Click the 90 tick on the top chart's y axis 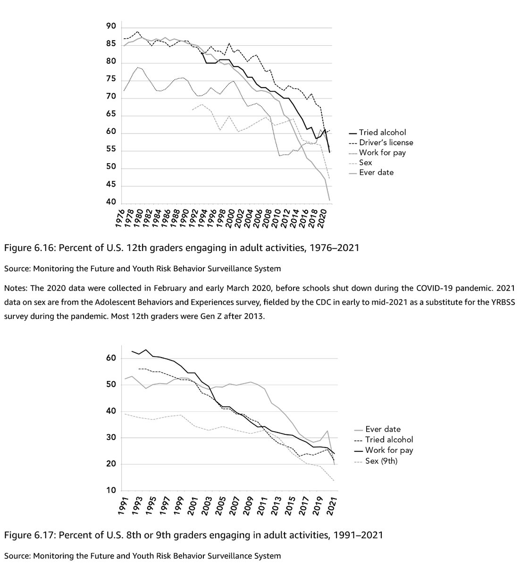coord(111,27)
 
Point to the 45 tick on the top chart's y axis coord(111,186)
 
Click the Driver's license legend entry coord(386,142)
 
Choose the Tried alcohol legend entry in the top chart coord(382,133)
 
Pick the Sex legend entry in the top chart coord(365,162)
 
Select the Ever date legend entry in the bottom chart coord(383,429)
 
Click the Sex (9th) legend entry coord(381,461)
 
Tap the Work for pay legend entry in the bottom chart coord(389,450)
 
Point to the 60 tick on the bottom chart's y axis coord(111,358)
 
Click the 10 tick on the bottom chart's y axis coord(111,491)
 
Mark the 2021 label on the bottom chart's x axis coord(334,505)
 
